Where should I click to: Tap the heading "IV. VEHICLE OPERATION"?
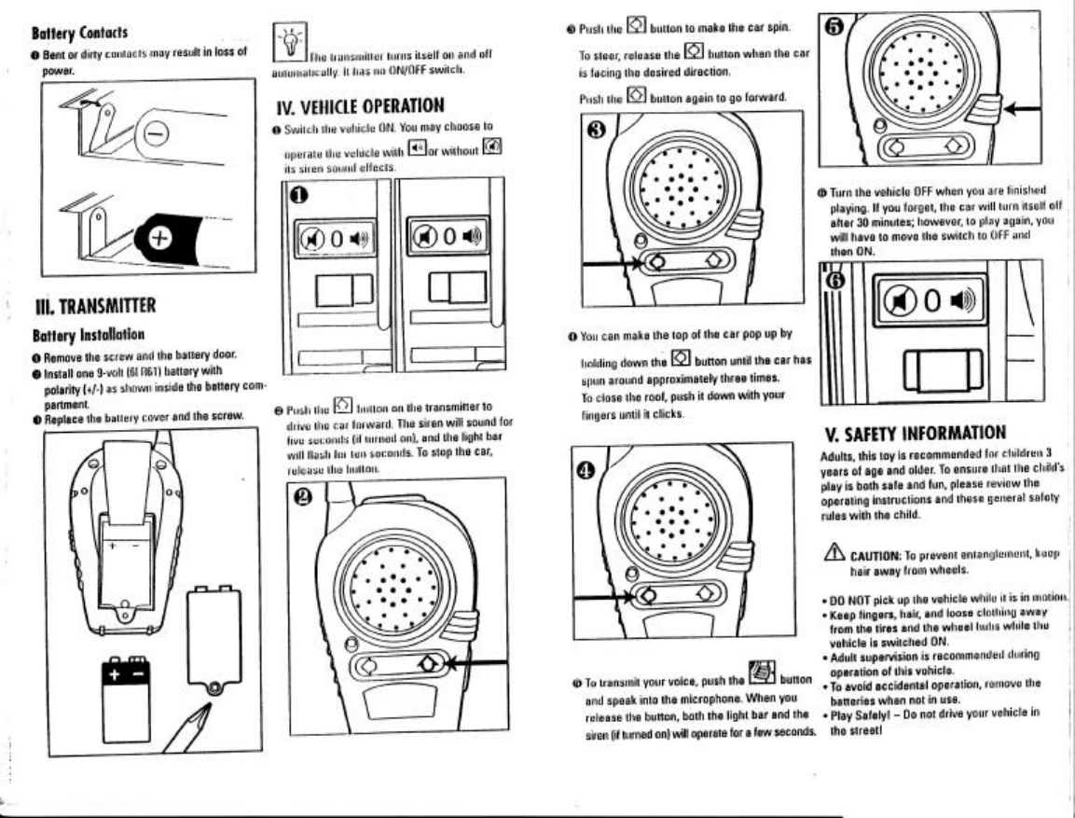pos(358,105)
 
